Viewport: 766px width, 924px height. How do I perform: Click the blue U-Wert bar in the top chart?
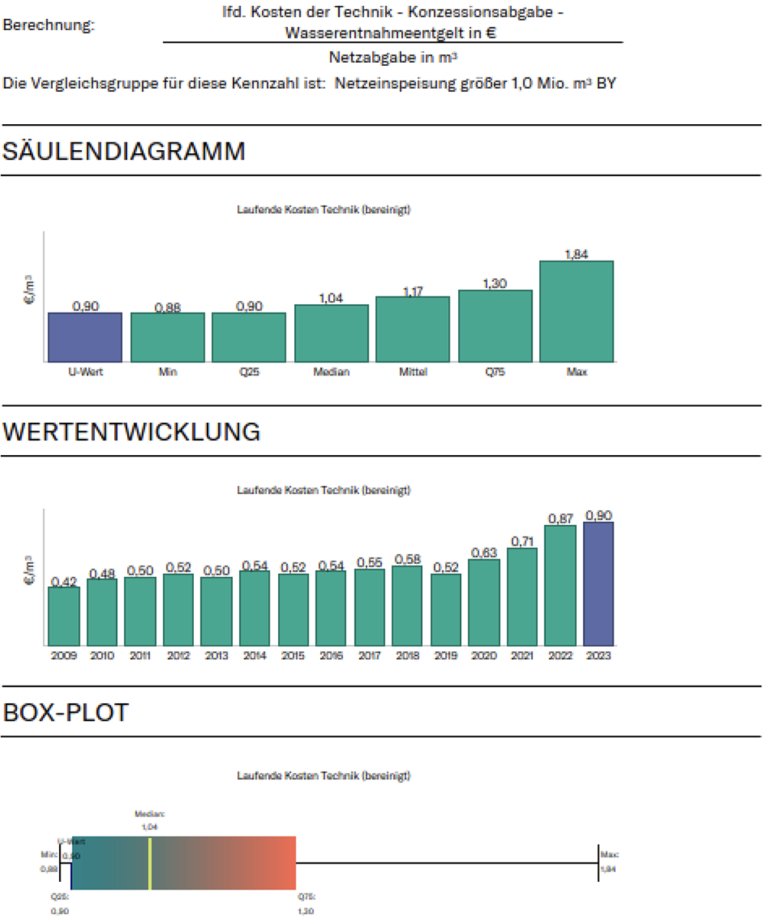(x=85, y=337)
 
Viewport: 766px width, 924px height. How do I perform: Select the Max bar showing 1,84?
(x=576, y=311)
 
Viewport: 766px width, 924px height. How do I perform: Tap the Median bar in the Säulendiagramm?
(x=331, y=333)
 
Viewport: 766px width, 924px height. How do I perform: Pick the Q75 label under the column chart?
(x=495, y=372)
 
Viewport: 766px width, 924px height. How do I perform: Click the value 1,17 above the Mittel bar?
(x=413, y=291)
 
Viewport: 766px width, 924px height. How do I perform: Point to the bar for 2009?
(x=64, y=616)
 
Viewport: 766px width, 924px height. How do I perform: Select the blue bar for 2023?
(x=598, y=584)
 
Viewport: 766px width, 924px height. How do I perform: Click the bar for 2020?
(x=483, y=602)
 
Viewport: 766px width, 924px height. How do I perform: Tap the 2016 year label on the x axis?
(x=331, y=656)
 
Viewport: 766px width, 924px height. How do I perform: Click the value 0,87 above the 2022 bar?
(x=561, y=519)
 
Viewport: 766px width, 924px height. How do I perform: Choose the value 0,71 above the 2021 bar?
(x=522, y=542)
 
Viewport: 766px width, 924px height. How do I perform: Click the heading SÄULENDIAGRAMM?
(x=124, y=151)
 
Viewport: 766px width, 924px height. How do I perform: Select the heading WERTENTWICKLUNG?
(x=132, y=431)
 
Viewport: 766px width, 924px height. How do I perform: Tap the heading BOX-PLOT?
(x=66, y=712)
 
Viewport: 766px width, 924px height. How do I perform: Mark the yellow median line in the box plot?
(x=150, y=863)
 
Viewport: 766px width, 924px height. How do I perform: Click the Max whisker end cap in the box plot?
(x=598, y=863)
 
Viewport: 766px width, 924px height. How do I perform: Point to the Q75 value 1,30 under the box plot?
(x=306, y=911)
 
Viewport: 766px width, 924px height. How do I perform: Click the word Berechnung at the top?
(x=49, y=25)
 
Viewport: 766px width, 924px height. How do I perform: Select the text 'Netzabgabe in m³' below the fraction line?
(x=394, y=57)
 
